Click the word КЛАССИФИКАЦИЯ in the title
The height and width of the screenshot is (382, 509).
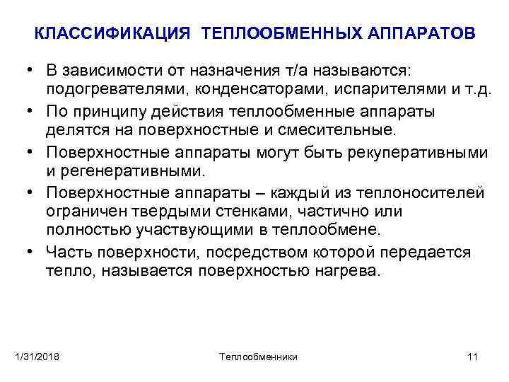click(112, 33)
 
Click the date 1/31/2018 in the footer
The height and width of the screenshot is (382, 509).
click(37, 356)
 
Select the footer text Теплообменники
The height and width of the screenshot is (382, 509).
click(258, 356)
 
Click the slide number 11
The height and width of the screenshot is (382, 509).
click(472, 356)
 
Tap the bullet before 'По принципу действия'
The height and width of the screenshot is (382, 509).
click(33, 112)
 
